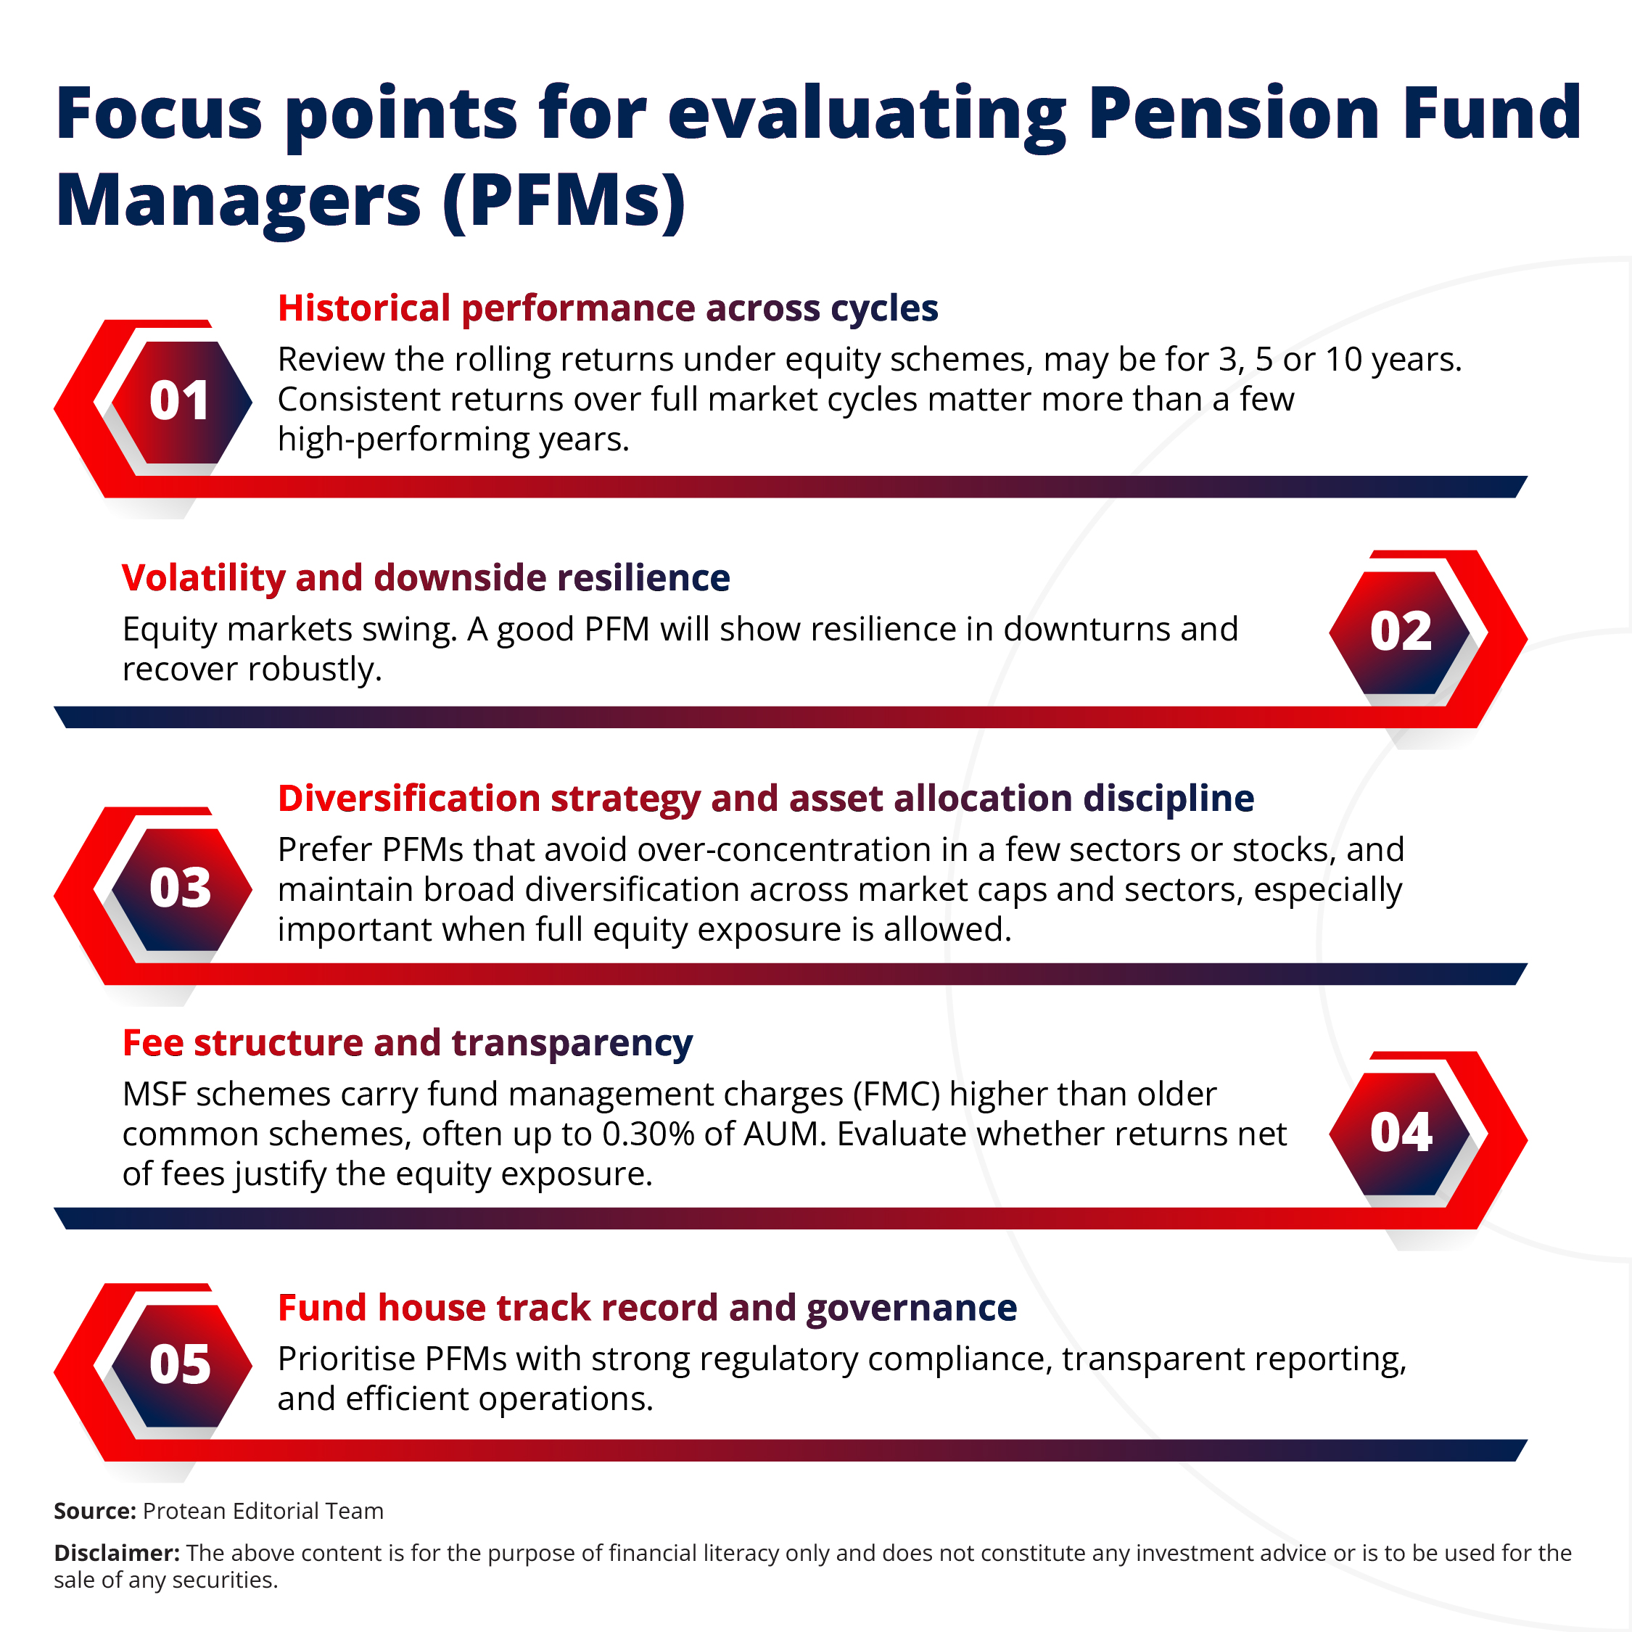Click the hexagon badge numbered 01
[180, 401]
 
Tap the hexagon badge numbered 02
[1400, 632]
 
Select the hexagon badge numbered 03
[180, 889]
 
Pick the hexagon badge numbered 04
[1400, 1133]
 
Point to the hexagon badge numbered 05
[180, 1365]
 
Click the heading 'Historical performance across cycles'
[607, 308]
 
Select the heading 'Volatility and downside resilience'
[426, 579]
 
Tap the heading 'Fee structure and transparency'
[407, 1043]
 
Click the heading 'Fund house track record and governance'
[647, 1309]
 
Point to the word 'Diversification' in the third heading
[409, 799]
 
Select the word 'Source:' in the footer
[94, 1511]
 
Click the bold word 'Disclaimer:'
[117, 1554]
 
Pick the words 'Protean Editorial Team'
[263, 1511]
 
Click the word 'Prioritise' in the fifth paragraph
[346, 1359]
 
